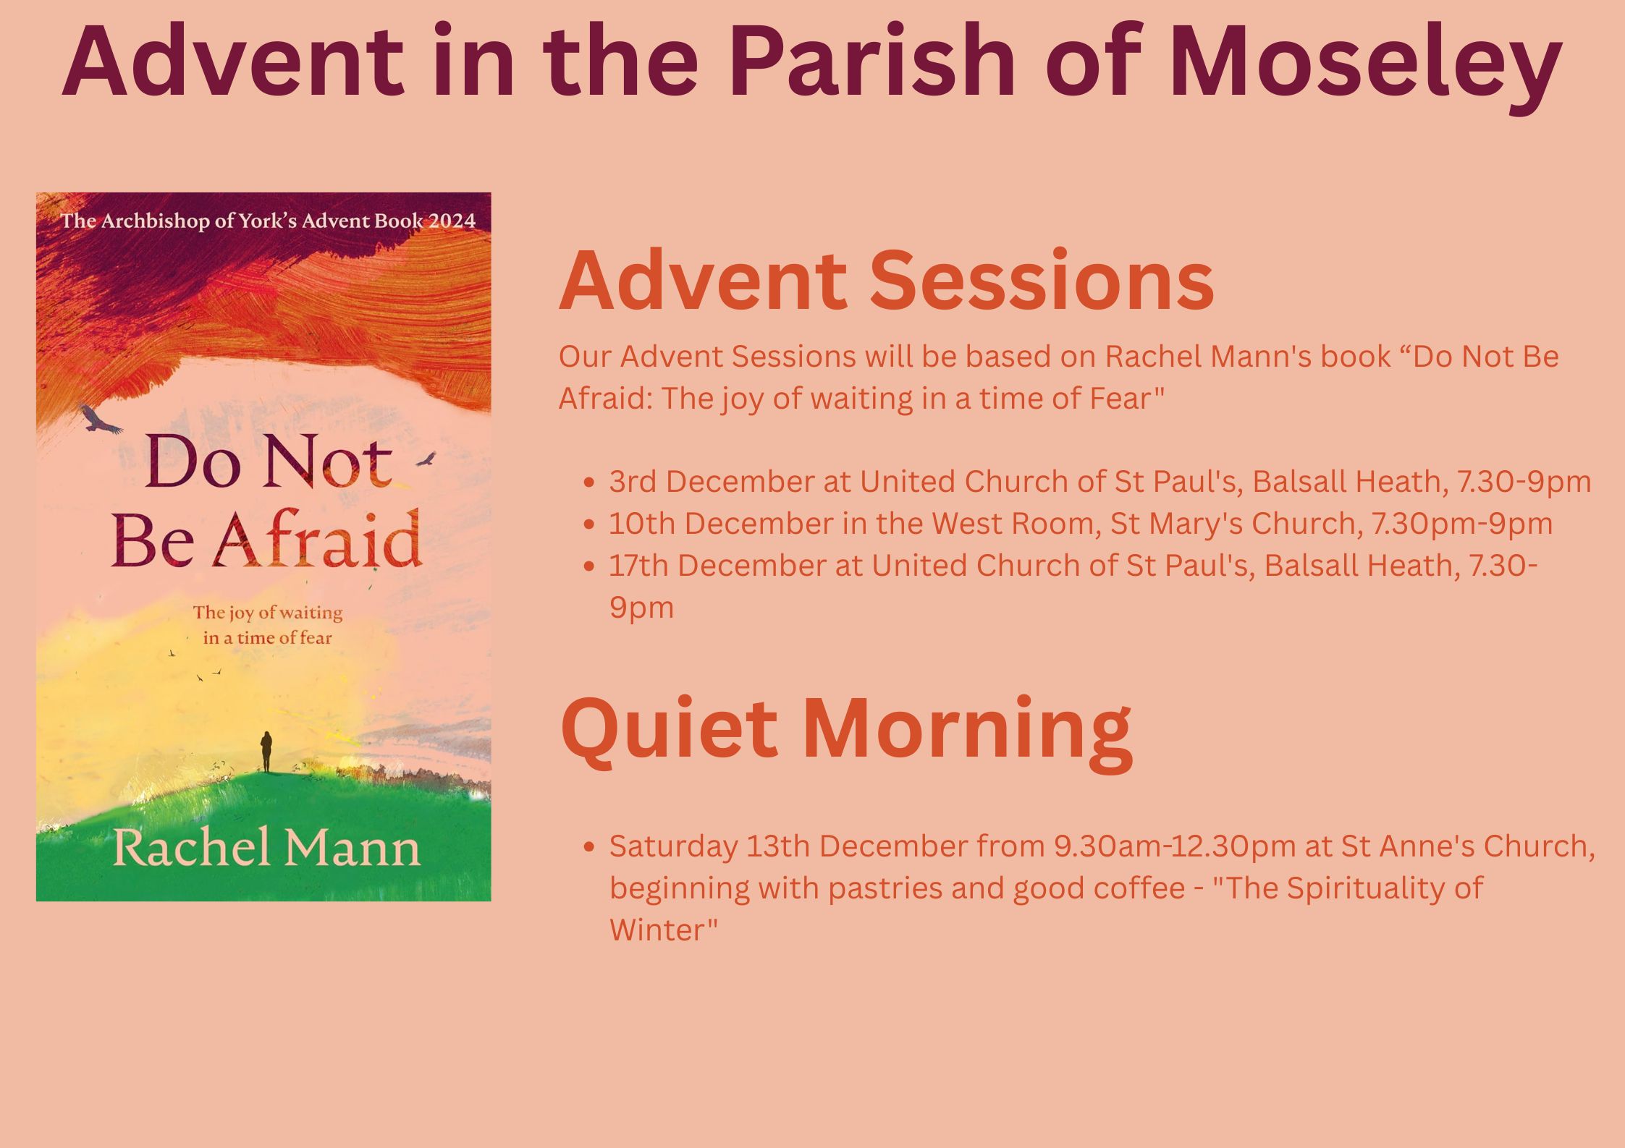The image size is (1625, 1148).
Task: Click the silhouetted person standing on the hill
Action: click(x=266, y=752)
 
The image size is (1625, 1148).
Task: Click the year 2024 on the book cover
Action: click(x=452, y=221)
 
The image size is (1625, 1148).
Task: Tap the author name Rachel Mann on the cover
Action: click(x=266, y=848)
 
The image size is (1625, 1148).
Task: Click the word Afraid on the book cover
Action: click(x=319, y=539)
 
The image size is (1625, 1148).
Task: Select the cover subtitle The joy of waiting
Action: click(x=268, y=613)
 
